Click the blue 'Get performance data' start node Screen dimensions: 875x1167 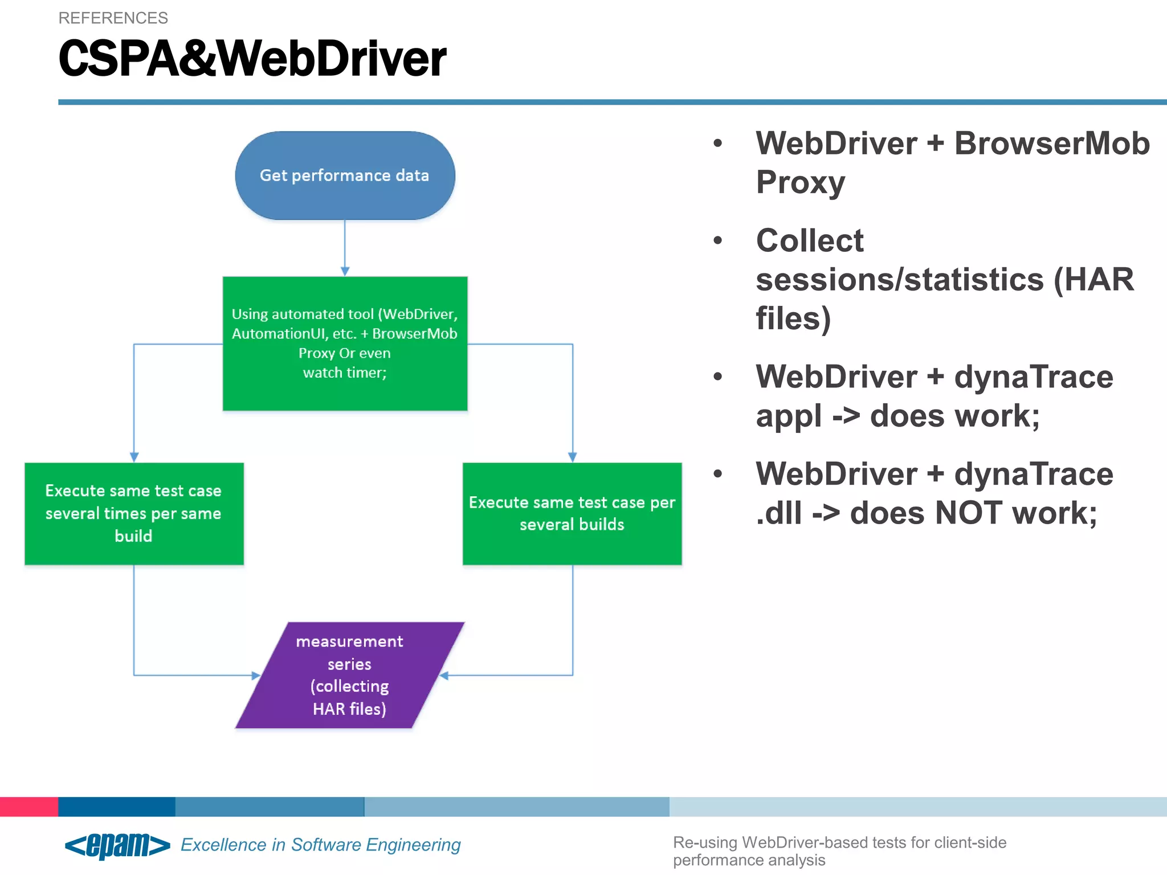pos(345,175)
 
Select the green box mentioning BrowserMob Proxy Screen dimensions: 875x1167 pos(345,343)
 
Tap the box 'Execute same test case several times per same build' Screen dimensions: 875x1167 pos(134,513)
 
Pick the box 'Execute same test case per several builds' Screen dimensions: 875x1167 pos(572,513)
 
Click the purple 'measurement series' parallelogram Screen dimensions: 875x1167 pos(349,675)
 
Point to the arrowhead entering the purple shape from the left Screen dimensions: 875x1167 pos(256,676)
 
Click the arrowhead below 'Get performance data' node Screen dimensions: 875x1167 pos(345,272)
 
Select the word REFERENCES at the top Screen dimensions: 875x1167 pos(113,18)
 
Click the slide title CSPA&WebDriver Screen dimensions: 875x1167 pos(252,59)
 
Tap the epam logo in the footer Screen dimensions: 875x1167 pos(117,845)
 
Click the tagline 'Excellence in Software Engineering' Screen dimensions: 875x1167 pos(320,845)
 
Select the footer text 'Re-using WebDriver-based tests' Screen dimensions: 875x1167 pos(839,843)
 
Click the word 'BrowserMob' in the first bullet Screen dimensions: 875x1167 pos(1052,143)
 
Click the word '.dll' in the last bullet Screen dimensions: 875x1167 pos(778,513)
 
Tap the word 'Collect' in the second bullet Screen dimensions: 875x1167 pos(809,240)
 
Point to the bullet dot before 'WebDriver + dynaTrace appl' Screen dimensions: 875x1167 pos(717,377)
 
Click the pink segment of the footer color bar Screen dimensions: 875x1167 pos(28,807)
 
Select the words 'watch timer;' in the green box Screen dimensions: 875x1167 pos(345,373)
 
